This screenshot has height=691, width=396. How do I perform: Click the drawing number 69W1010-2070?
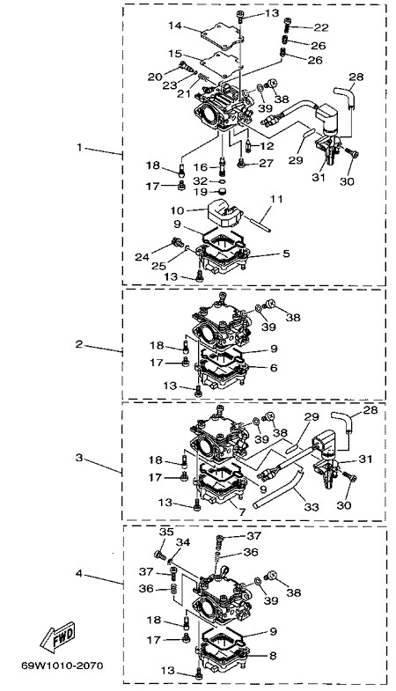point(62,665)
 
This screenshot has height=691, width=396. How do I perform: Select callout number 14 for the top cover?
point(175,26)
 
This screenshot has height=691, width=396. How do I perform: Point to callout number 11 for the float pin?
point(275,200)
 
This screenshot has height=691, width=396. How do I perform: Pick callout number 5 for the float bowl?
point(286,254)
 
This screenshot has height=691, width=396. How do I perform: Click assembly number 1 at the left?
point(80,147)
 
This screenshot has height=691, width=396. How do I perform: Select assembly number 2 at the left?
point(79,344)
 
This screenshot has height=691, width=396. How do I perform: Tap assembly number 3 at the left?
point(79,458)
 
